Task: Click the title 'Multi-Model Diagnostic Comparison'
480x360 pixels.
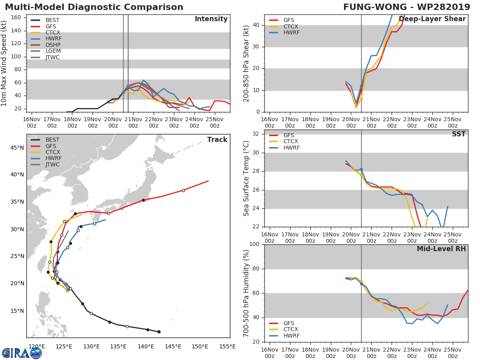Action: click(x=94, y=7)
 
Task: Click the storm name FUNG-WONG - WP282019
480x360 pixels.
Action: click(x=407, y=7)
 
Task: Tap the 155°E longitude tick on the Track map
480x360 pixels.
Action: click(x=227, y=346)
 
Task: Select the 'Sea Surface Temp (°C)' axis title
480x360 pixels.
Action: click(x=246, y=179)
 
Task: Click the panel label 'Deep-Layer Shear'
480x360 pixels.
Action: click(x=432, y=19)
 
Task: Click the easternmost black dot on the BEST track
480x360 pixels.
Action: click(x=159, y=332)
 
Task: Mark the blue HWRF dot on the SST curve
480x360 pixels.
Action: click(x=361, y=170)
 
